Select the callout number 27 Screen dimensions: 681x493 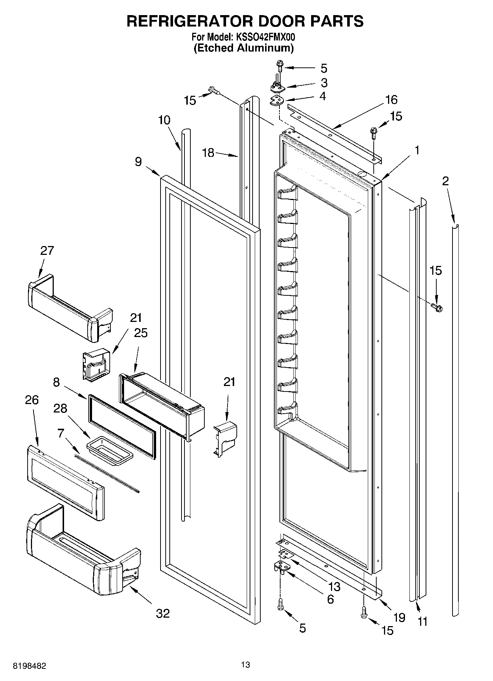pyautogui.click(x=47, y=250)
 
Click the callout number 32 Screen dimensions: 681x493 pyautogui.click(x=163, y=613)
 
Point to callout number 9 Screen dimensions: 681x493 pyautogui.click(x=138, y=162)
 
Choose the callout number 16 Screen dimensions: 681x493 pyautogui.click(x=391, y=99)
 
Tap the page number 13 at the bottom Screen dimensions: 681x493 pyautogui.click(x=246, y=664)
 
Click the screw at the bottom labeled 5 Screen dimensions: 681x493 pyautogui.click(x=281, y=604)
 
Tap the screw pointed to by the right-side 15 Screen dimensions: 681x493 pyautogui.click(x=437, y=306)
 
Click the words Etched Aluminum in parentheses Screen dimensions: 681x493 pyautogui.click(x=244, y=48)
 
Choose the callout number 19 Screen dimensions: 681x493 pyautogui.click(x=399, y=617)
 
